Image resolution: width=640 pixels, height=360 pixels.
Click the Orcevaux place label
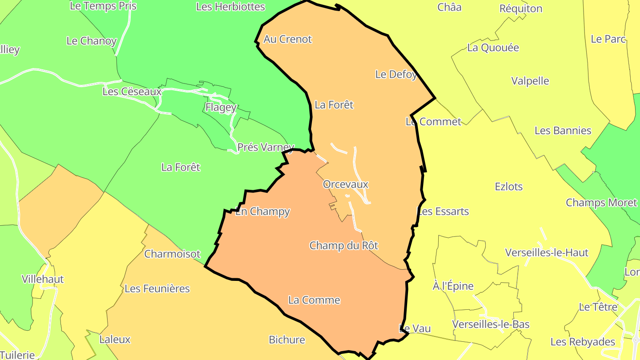(x=346, y=184)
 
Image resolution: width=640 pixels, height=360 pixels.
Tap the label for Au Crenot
(x=288, y=39)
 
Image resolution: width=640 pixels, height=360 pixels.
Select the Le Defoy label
(x=396, y=74)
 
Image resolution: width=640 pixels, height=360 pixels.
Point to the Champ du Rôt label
(x=344, y=245)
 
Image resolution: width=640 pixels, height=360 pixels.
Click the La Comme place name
(x=314, y=300)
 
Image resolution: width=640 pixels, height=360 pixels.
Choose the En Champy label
(x=262, y=212)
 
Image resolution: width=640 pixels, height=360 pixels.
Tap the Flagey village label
(x=221, y=107)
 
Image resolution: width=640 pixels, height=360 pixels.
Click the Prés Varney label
(x=265, y=147)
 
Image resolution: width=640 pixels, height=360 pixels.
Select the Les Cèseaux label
(x=132, y=92)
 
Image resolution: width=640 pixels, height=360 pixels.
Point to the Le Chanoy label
(x=92, y=41)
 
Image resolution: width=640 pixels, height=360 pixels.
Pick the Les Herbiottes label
(x=230, y=7)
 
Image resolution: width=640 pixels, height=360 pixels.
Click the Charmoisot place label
(x=172, y=254)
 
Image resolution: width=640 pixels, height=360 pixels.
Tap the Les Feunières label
(x=157, y=288)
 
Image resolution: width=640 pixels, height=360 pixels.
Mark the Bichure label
(x=287, y=340)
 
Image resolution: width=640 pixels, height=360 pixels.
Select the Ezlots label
(x=509, y=187)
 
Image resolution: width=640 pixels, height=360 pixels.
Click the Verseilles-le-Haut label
(x=547, y=253)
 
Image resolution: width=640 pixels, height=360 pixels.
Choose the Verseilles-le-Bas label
(x=491, y=324)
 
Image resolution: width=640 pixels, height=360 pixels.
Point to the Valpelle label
(x=530, y=81)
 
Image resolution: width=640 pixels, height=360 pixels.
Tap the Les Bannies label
(x=563, y=131)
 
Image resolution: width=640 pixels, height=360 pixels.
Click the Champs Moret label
(x=601, y=203)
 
